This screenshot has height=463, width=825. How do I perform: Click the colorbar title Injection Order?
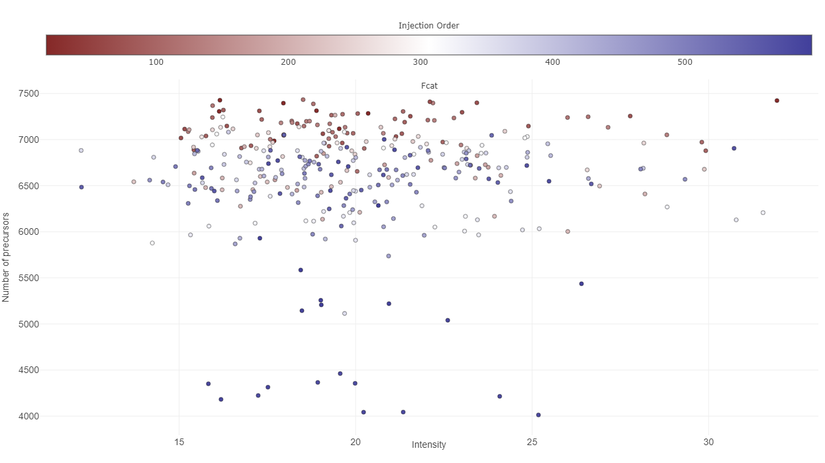428,26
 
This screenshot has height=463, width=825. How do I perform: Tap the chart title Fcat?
429,86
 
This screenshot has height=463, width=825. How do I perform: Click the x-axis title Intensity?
428,444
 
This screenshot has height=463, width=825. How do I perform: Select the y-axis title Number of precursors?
6,257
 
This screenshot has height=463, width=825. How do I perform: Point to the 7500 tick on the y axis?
28,94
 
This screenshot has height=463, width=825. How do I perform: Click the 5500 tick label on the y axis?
28,278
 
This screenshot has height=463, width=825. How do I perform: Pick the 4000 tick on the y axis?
28,417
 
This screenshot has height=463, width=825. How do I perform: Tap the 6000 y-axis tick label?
28,232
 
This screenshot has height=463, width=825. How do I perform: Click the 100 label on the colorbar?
156,62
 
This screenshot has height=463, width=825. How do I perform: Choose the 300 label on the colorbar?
420,62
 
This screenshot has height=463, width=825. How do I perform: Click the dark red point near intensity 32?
777,101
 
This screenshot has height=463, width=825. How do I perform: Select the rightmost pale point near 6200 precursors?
763,213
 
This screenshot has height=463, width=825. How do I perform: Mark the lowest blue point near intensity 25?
538,415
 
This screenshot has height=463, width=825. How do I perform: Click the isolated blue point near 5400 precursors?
581,284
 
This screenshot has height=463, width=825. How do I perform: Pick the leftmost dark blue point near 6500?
81,187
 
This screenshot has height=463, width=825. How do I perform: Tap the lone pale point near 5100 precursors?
344,314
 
